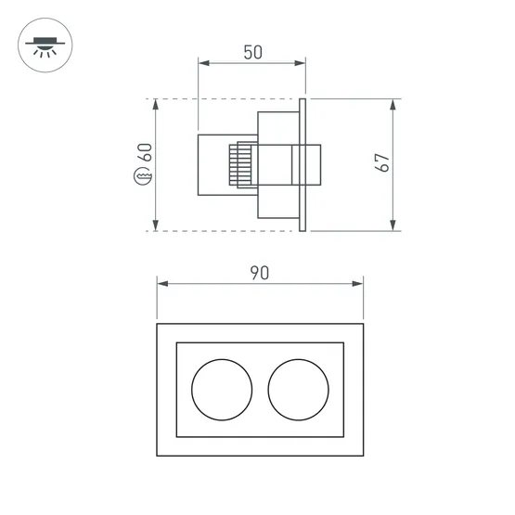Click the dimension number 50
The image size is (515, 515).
click(x=251, y=53)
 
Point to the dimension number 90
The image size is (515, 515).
click(x=259, y=273)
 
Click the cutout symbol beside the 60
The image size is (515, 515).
click(x=144, y=176)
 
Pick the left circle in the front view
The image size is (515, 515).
click(x=221, y=388)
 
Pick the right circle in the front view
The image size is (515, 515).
click(x=299, y=388)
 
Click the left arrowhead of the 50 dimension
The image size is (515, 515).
click(x=203, y=64)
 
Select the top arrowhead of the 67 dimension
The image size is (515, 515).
click(x=395, y=104)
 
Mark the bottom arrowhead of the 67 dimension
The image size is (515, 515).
click(x=395, y=225)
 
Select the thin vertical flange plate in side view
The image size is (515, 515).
click(x=303, y=163)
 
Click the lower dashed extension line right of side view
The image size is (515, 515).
click(x=357, y=230)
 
